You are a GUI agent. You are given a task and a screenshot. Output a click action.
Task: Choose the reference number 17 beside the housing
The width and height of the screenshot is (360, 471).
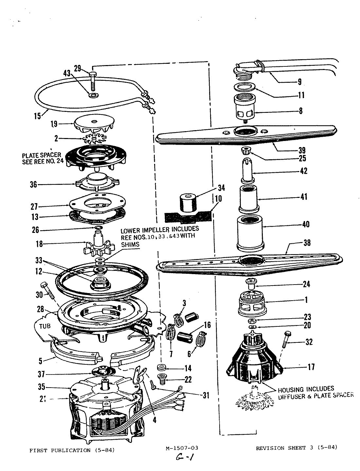311,367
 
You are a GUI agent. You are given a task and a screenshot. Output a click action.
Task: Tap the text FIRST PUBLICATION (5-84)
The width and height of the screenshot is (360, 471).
72,450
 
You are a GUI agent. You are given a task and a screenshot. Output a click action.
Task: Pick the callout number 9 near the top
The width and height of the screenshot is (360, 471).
299,82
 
